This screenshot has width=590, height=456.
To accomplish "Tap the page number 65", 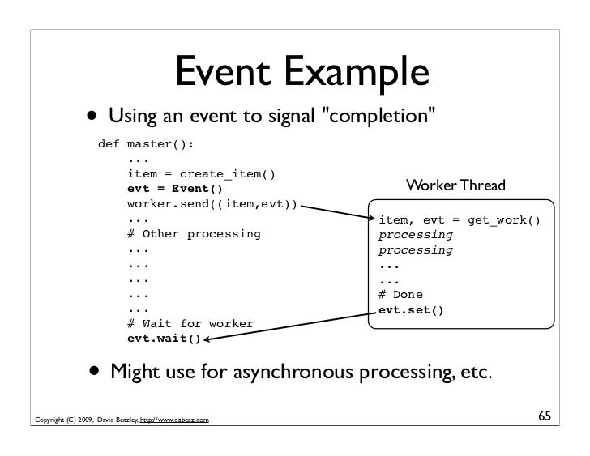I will (x=545, y=416).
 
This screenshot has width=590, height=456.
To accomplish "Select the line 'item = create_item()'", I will (x=201, y=174).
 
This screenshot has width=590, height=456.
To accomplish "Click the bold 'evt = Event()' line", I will (x=174, y=190).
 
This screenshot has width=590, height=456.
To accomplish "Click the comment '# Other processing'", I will (x=194, y=234).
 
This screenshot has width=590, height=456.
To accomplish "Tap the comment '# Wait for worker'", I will (x=190, y=324).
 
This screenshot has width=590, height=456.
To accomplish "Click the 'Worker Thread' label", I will (x=455, y=186).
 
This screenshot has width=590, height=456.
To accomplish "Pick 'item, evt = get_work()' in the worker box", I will (x=459, y=219).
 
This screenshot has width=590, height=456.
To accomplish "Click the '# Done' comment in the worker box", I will (x=400, y=295).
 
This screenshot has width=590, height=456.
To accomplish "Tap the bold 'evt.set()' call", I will (x=411, y=309).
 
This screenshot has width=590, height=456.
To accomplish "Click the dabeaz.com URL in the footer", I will (x=173, y=420).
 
